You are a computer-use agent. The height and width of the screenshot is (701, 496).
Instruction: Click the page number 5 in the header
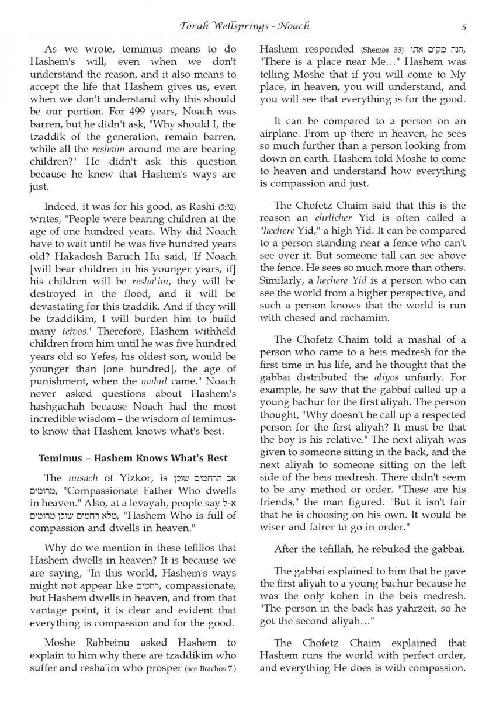463,26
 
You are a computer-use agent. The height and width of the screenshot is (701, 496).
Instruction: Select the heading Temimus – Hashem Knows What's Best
133,458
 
